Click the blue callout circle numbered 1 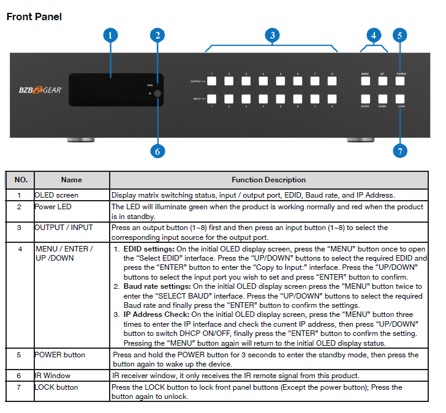(110, 35)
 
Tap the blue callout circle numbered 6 (157, 150)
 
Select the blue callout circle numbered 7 (401, 150)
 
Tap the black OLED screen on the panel (110, 89)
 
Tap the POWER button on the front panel (401, 80)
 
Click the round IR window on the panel (157, 94)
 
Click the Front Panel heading (34, 17)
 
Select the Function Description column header (268, 180)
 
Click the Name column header (71, 180)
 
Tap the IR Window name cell (53, 374)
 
